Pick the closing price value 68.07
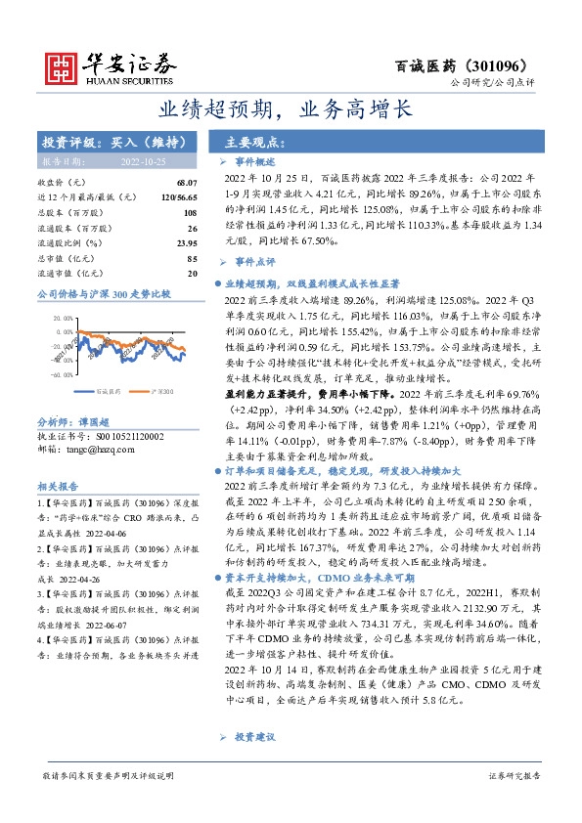pyautogui.click(x=187, y=183)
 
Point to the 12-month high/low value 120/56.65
pyautogui.click(x=178, y=197)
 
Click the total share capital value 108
pyautogui.click(x=190, y=213)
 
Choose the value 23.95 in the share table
pyautogui.click(x=187, y=243)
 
